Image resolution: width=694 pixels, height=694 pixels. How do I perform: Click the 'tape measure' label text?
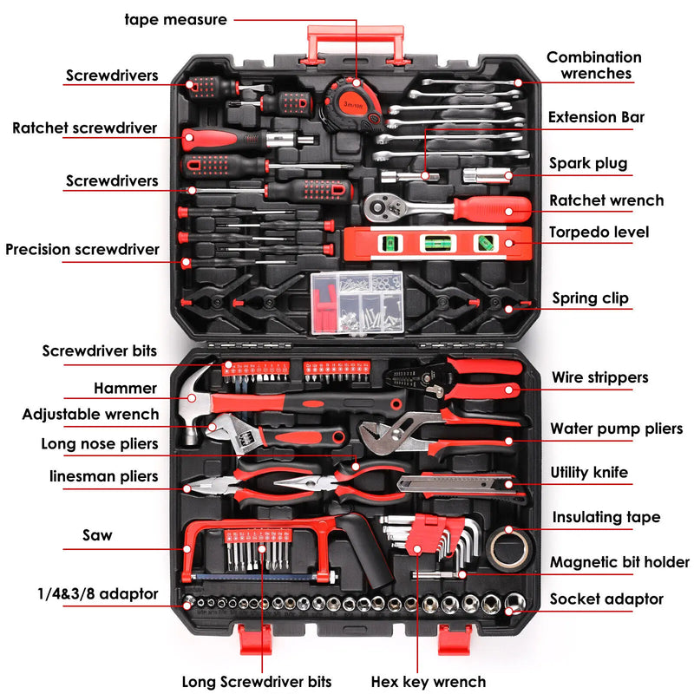176,19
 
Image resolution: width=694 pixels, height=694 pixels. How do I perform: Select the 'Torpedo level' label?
599,232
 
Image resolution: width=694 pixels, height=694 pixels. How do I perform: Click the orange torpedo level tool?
438,244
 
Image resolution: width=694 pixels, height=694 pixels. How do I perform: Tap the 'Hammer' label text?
126,389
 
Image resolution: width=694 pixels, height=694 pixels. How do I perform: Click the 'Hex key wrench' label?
429,681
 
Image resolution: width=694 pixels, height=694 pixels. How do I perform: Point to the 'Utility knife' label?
589,473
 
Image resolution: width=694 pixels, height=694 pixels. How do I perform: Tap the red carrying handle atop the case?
355,40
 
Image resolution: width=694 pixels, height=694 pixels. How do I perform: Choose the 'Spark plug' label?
587,163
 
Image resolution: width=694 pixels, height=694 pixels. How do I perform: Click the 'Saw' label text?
97,535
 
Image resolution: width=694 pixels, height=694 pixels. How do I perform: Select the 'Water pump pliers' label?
617,429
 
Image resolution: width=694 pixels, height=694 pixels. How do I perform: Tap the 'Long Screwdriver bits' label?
256,681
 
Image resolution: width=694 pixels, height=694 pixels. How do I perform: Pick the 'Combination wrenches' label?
593,65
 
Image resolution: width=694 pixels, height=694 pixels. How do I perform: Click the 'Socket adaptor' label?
606,599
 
